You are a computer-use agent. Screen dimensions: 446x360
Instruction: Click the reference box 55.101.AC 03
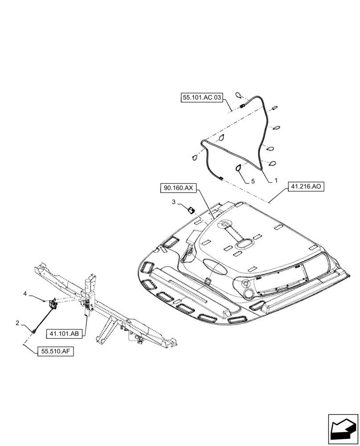pos(202,98)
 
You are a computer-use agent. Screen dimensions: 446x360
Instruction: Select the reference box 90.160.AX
pos(177,189)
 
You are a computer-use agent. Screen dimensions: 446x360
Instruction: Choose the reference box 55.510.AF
pos(54,352)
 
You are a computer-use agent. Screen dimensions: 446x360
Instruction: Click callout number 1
pos(276,181)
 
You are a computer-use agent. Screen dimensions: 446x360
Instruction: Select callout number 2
pos(17,323)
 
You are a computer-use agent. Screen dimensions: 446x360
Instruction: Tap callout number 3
pos(174,202)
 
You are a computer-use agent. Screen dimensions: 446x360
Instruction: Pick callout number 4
pos(25,293)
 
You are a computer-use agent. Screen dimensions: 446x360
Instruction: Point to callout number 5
pos(253,182)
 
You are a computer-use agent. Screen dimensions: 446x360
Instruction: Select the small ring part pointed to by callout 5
pos(239,167)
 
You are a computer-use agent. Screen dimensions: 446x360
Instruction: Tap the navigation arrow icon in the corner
pos(343,429)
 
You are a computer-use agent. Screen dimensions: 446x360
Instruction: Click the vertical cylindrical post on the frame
pos(91,285)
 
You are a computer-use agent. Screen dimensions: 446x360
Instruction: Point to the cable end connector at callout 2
pos(34,331)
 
